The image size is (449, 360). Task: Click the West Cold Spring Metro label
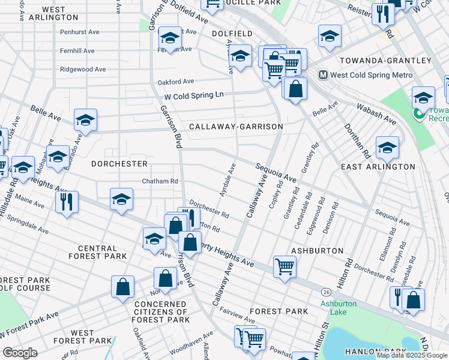[x=371, y=75]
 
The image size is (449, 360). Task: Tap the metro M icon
[x=322, y=75]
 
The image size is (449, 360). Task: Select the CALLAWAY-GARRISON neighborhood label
[x=235, y=127]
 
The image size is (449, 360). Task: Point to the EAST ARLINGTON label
[x=378, y=166]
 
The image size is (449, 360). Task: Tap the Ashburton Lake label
[x=338, y=308]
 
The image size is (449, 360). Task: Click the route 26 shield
[x=326, y=292]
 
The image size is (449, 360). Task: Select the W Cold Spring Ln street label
[x=193, y=96]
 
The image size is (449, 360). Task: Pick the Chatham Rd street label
[x=160, y=181]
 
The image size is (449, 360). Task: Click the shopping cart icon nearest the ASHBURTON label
[x=284, y=265]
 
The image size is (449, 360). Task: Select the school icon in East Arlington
[x=387, y=147]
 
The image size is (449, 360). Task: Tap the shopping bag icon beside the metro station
[x=295, y=89]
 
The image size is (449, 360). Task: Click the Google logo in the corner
[x=20, y=353]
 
